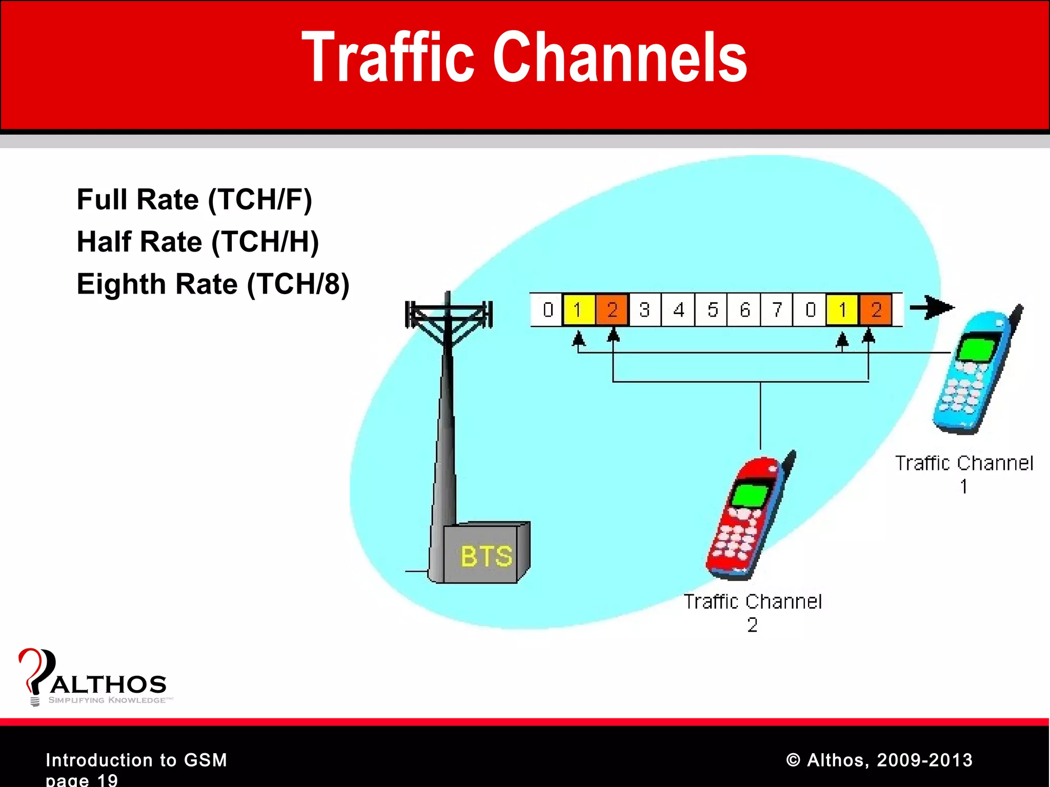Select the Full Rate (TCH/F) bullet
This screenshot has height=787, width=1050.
tap(194, 199)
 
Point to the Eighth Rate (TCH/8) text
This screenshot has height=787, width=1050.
tap(213, 284)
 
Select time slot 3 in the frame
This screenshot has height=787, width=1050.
tap(645, 310)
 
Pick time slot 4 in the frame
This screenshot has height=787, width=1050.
tap(678, 310)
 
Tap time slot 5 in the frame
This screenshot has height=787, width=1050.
tap(712, 310)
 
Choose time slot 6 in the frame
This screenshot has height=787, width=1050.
tap(744, 310)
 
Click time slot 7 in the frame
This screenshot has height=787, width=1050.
tap(777, 310)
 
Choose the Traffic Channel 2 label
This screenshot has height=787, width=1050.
tap(753, 612)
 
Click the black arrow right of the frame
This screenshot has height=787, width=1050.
tap(932, 308)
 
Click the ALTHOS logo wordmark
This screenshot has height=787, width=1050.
tap(108, 685)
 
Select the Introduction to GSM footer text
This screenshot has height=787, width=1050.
tap(136, 760)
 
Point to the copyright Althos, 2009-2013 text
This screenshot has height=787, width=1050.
tap(879, 760)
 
